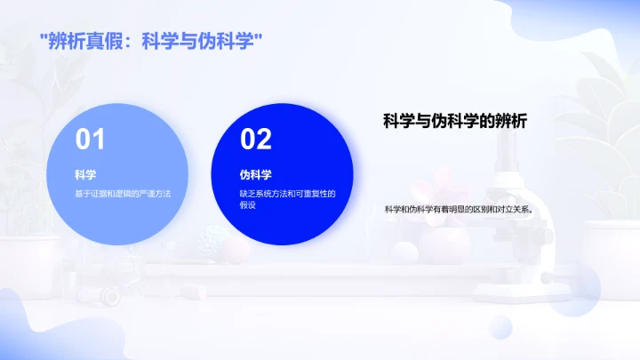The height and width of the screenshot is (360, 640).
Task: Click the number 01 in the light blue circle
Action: [x=90, y=140]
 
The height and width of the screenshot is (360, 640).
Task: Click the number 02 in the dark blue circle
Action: [x=255, y=140]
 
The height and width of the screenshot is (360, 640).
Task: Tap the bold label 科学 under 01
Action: [x=85, y=174]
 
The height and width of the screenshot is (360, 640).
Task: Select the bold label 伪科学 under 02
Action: [x=255, y=174]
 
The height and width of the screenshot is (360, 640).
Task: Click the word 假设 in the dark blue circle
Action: [x=247, y=204]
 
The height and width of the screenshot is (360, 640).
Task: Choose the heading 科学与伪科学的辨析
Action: [x=455, y=122]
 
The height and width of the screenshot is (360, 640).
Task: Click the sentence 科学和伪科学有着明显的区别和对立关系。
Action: [x=463, y=210]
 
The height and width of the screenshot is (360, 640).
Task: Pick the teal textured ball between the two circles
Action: [x=213, y=237]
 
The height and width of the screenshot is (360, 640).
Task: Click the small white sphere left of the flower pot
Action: [x=405, y=252]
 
